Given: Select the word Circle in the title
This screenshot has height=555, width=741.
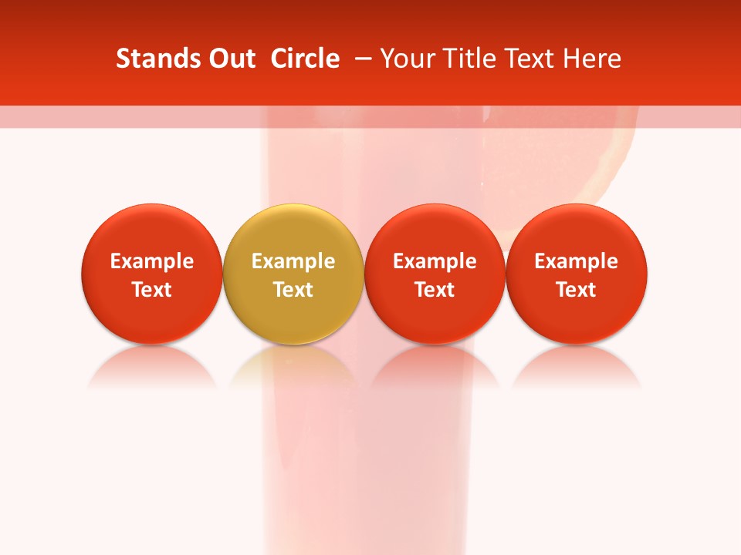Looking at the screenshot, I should pyautogui.click(x=305, y=59).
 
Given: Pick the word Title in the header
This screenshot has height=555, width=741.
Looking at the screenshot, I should pyautogui.click(x=465, y=59).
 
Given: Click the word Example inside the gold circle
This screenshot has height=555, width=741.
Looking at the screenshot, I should pyautogui.click(x=293, y=261).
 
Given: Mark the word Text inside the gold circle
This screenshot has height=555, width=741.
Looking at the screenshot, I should pyautogui.click(x=293, y=290).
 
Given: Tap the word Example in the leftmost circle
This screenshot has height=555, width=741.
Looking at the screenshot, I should pyautogui.click(x=151, y=261).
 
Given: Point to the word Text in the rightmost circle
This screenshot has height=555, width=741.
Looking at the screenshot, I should pyautogui.click(x=577, y=290).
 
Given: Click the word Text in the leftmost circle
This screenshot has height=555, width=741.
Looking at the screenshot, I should pyautogui.click(x=151, y=290).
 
